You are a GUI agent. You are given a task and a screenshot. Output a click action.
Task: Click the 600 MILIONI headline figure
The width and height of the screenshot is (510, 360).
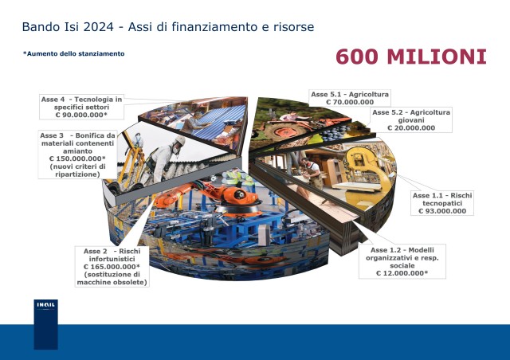pos(411,57)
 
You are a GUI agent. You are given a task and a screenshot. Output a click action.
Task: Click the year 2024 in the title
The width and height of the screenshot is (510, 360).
pos(99,26)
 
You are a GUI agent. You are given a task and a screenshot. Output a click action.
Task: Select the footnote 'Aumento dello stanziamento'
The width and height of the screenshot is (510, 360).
pos(74,53)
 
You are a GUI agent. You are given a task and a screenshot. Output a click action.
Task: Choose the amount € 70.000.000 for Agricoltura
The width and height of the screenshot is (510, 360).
pos(350,102)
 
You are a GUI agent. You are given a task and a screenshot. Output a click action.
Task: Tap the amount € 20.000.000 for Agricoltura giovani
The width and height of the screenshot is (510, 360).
pos(411,127)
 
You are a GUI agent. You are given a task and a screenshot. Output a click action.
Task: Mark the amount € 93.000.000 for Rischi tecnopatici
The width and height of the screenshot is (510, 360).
pos(442,211)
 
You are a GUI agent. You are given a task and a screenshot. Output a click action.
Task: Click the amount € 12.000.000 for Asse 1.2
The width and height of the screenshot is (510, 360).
pos(402,273)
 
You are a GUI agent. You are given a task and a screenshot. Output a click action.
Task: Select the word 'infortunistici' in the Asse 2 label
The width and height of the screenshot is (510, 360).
pos(112,259)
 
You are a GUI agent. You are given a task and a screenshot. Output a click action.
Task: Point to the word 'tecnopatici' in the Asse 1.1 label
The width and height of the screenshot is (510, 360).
pos(442,203)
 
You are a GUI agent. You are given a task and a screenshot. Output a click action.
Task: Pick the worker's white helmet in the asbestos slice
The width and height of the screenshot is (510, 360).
pos(179,140)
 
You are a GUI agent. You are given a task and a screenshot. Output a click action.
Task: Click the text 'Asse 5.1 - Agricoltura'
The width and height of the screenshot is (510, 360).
pos(350,94)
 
